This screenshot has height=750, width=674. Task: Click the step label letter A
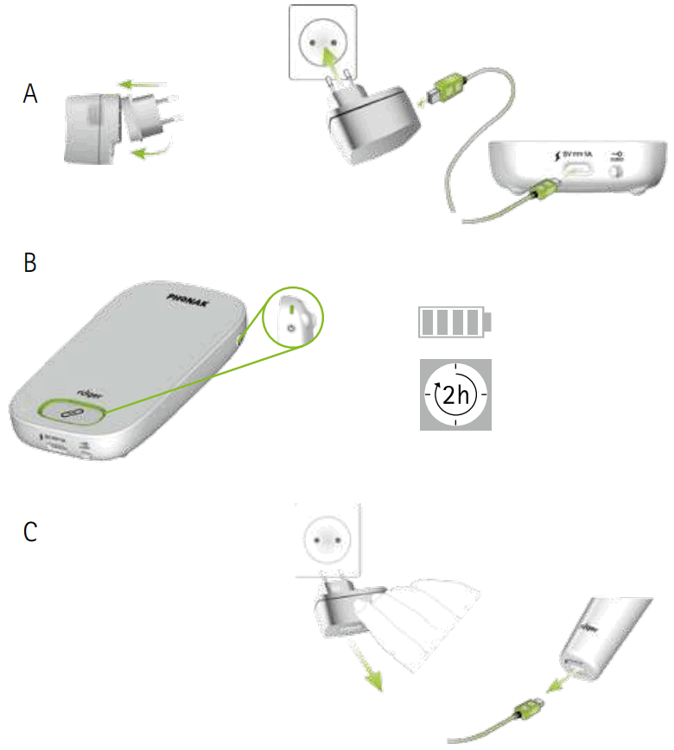tap(30, 95)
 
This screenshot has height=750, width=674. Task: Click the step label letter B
tap(30, 262)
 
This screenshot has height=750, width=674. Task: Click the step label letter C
tap(30, 533)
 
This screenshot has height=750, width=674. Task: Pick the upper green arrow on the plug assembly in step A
tap(143, 85)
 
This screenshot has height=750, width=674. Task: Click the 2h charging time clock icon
tap(455, 394)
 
